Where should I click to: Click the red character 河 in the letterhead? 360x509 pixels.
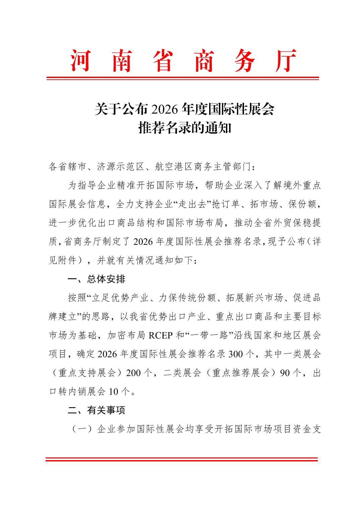pyautogui.click(x=80, y=61)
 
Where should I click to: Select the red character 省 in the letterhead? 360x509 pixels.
pyautogui.click(x=163, y=61)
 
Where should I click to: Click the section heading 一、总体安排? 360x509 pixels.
pyautogui.click(x=97, y=279)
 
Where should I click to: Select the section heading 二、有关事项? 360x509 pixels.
pyautogui.click(x=97, y=410)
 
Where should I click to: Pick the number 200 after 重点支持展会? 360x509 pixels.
pyautogui.click(x=133, y=373)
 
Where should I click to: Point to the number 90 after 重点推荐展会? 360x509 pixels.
pyautogui.click(x=285, y=373)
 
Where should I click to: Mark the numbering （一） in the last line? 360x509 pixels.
pyautogui.click(x=82, y=429)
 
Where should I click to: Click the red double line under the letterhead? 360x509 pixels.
pyautogui.click(x=182, y=78)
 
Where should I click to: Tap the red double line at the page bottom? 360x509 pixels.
pyautogui.click(x=181, y=459)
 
